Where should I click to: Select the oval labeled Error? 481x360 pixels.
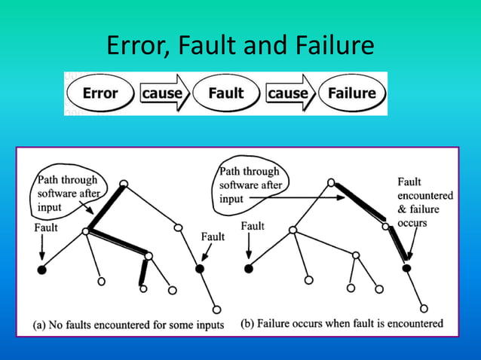(x=100, y=94)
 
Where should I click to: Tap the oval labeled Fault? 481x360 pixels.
(x=225, y=94)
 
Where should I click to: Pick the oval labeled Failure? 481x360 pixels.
(x=352, y=94)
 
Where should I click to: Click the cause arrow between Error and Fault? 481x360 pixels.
(x=164, y=94)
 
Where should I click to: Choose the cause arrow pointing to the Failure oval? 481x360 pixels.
(x=290, y=94)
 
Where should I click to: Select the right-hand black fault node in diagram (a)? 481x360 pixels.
(x=200, y=268)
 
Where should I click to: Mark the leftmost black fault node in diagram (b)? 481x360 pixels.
(x=248, y=268)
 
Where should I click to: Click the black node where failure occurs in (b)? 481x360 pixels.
(x=406, y=268)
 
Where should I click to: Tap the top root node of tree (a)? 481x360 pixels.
(x=124, y=184)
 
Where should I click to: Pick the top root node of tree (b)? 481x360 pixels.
(x=330, y=182)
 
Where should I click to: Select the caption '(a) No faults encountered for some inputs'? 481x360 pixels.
(x=129, y=325)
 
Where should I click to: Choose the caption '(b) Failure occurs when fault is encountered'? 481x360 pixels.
(x=342, y=325)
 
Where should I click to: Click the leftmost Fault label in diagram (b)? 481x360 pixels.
(x=253, y=226)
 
